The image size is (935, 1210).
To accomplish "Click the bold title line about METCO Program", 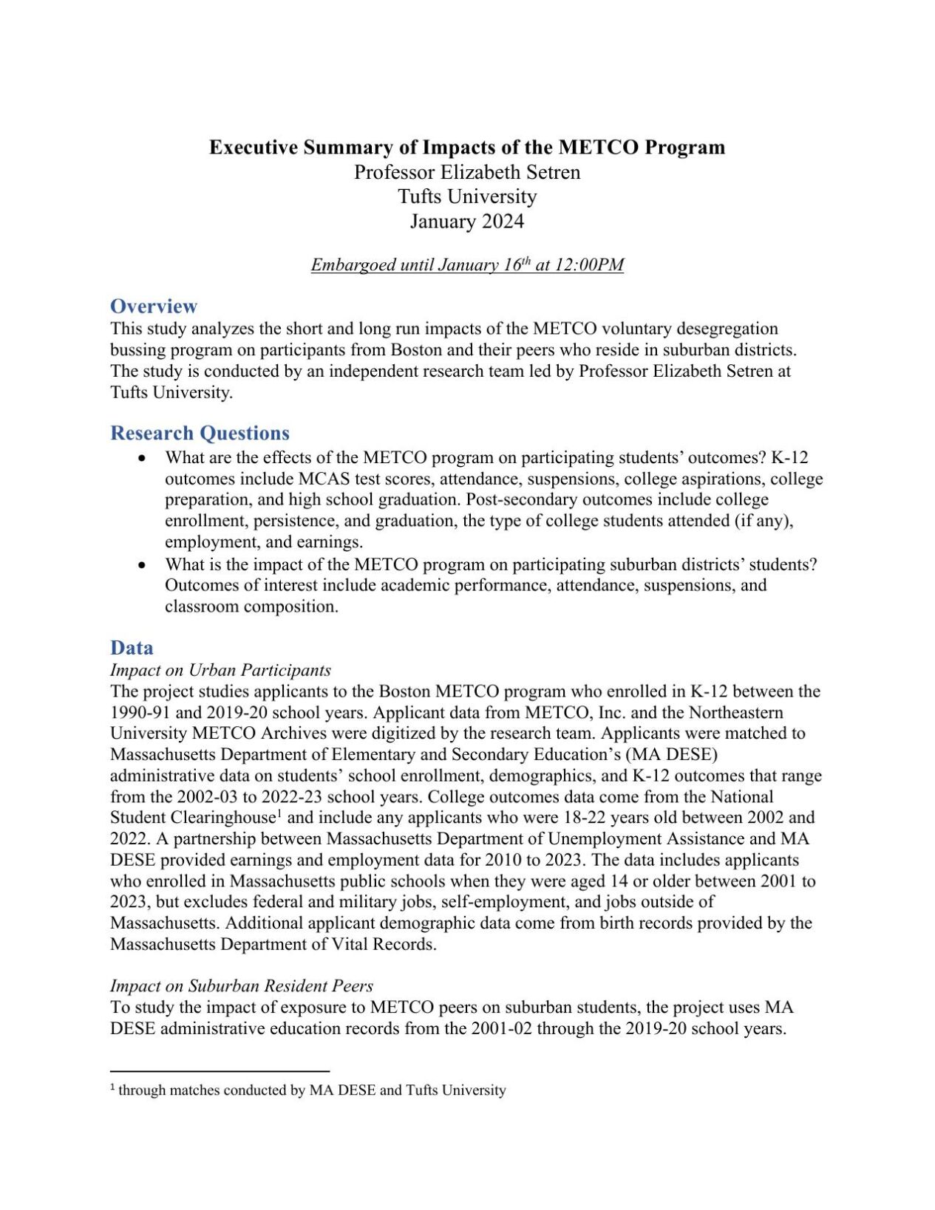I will [x=467, y=147].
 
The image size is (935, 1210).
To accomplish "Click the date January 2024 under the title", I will [x=467, y=221].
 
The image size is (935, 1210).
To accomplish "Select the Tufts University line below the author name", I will [x=467, y=196].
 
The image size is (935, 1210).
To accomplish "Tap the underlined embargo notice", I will [x=467, y=264].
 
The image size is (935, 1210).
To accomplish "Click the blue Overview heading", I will [x=154, y=306].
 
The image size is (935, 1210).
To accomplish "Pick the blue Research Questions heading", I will [x=200, y=433].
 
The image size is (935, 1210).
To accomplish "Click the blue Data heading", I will [x=132, y=648].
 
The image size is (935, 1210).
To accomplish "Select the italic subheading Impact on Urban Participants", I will [x=220, y=670].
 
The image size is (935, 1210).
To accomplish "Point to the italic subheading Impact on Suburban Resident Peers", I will [x=242, y=985].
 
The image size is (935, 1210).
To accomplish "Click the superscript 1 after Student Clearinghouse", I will [x=280, y=813].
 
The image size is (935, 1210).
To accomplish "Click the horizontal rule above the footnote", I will [x=220, y=1070].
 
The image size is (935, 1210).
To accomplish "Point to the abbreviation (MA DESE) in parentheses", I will [x=672, y=754].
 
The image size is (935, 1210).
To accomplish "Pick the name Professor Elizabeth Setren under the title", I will [x=467, y=172].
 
